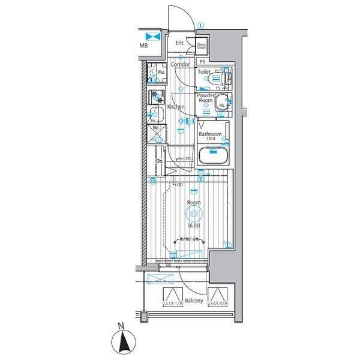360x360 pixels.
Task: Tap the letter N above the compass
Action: [121, 326]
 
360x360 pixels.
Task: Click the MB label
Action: [144, 46]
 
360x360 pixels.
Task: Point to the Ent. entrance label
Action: [180, 43]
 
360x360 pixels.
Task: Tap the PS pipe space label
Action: [202, 62]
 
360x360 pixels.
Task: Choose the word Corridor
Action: [180, 64]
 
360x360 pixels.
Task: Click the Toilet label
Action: [205, 71]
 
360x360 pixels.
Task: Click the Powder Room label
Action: [206, 98]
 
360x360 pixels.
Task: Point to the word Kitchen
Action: [176, 107]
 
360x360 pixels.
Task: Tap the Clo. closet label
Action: [160, 161]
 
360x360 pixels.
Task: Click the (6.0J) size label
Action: [193, 226]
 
